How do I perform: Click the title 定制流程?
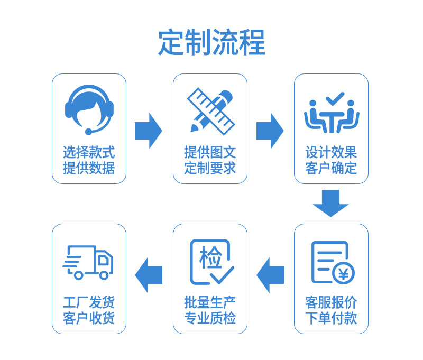212,43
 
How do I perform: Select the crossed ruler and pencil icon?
210,110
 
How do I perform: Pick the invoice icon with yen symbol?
332,262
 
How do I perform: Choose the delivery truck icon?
88,262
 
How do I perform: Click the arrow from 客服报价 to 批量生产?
270,275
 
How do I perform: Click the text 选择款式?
89,153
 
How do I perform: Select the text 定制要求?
210,169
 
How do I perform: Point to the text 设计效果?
331,153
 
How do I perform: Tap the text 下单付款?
331,319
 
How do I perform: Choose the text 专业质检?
210,319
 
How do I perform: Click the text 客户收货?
89,319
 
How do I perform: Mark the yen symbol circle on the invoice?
344,273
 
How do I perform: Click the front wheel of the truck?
104,275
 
